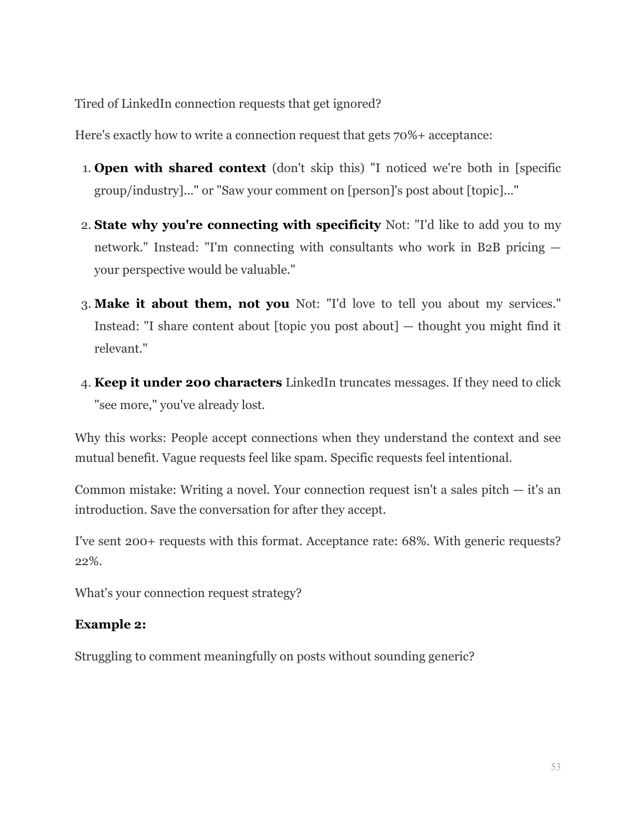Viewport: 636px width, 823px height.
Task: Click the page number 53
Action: pyautogui.click(x=555, y=767)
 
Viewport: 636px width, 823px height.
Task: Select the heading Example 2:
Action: pyautogui.click(x=110, y=624)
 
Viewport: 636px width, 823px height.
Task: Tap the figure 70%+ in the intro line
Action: pyautogui.click(x=410, y=136)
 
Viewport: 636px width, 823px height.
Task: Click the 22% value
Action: pyautogui.click(x=88, y=561)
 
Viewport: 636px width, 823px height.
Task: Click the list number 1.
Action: pyautogui.click(x=85, y=169)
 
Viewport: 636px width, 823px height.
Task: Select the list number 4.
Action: pyautogui.click(x=85, y=384)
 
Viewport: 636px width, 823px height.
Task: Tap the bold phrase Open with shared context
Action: pyautogui.click(x=180, y=168)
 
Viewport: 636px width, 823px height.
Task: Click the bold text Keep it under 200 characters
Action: pyautogui.click(x=188, y=383)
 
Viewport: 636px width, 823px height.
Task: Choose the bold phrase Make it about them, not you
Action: pyautogui.click(x=192, y=304)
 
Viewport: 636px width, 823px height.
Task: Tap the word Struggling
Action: pyautogui.click(x=103, y=656)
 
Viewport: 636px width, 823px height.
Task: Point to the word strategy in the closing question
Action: pyautogui.click(x=278, y=593)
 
